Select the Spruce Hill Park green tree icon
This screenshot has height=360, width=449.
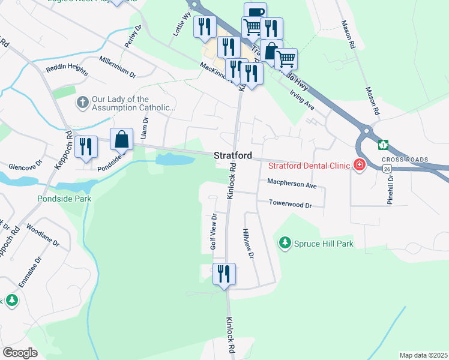285,243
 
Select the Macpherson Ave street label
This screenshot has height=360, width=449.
292,185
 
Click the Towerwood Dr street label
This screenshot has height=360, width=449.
291,205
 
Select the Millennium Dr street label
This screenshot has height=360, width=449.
118,66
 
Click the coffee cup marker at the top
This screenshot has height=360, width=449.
255,13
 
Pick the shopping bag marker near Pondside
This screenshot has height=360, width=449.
121,139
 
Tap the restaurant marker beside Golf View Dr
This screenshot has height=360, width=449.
224,274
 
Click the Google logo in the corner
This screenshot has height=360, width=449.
20,352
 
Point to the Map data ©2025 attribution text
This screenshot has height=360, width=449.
423,355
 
